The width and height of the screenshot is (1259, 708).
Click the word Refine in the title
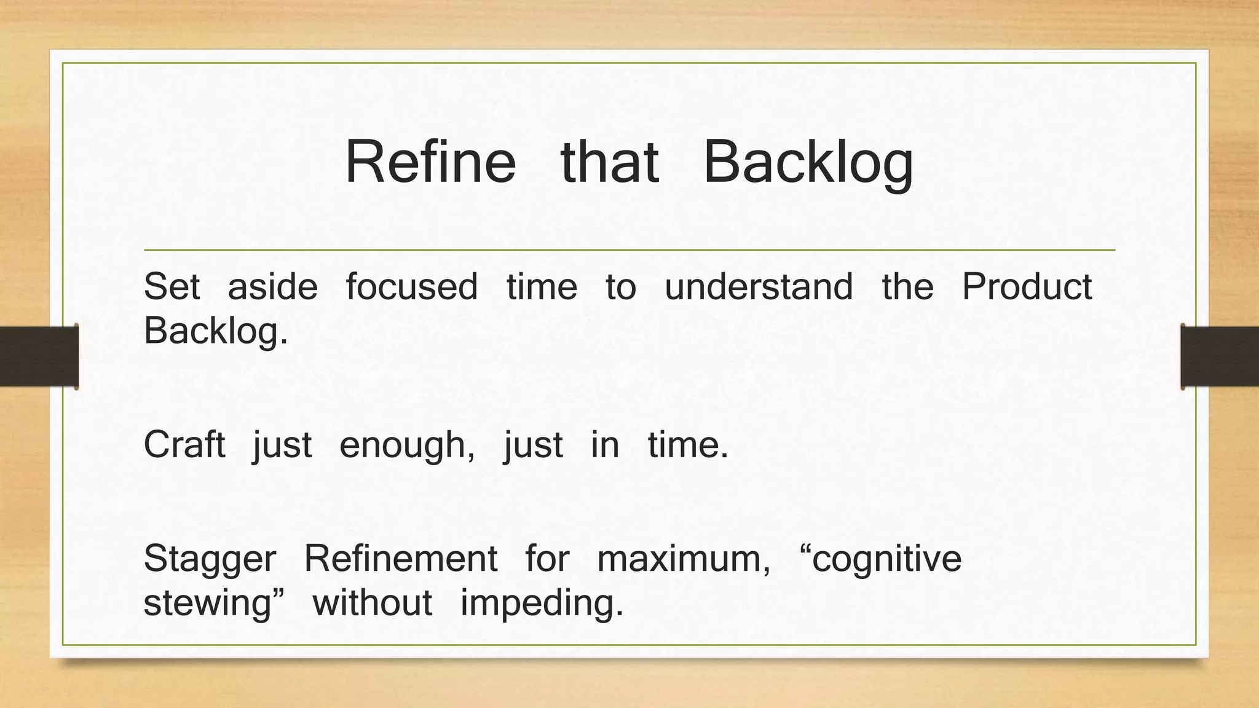(430, 162)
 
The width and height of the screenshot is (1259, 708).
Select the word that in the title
(610, 162)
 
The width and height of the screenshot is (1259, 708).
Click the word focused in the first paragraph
(411, 286)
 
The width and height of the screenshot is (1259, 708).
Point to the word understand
(759, 286)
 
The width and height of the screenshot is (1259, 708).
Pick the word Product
(1027, 286)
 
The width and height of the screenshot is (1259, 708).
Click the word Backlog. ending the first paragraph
(216, 332)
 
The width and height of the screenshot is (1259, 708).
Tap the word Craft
(184, 444)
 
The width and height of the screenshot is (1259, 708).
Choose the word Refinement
(400, 559)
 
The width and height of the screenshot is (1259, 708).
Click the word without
(373, 603)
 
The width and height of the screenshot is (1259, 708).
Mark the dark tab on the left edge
(39, 356)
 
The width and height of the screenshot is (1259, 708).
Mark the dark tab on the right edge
(1220, 356)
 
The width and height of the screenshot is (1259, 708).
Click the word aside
(272, 286)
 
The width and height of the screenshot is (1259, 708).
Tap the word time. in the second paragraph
(688, 444)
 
